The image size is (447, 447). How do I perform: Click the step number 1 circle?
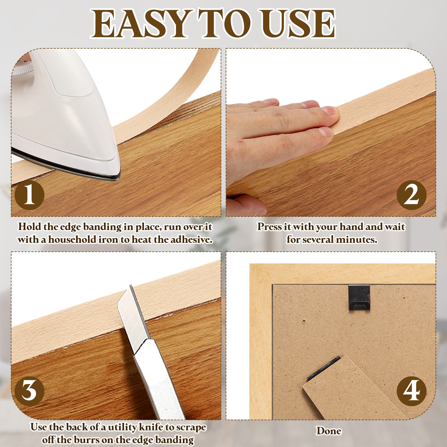click(29, 195)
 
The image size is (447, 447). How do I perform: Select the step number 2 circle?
click(411, 195)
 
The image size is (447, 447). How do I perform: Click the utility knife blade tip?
click(131, 285)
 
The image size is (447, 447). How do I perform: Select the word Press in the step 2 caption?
click(269, 227)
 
